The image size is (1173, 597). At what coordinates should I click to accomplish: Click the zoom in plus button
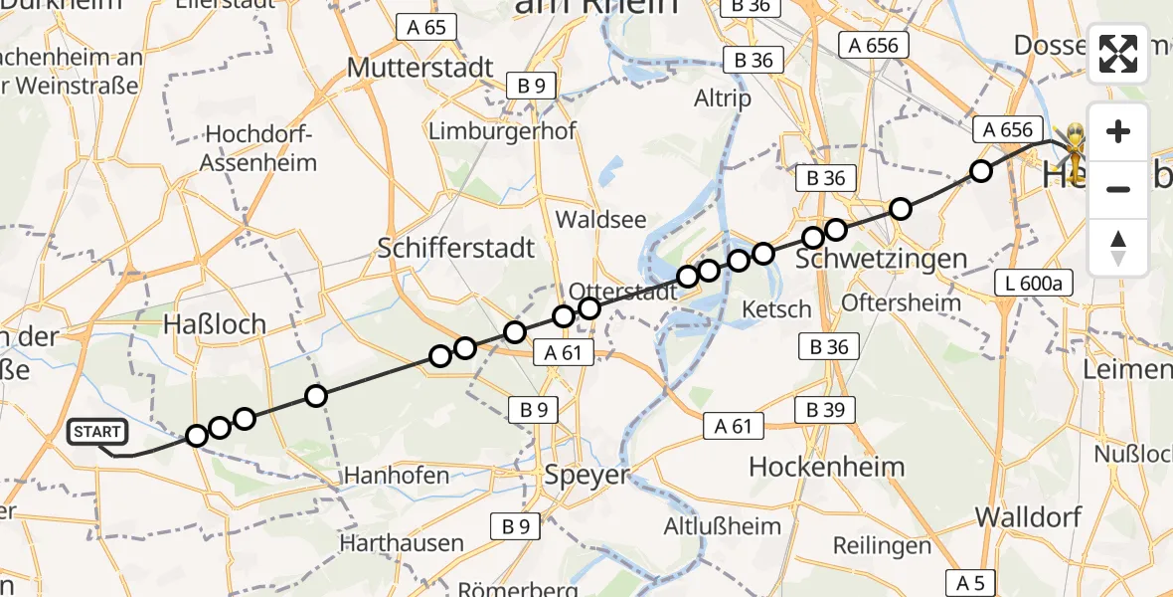pos(1118,131)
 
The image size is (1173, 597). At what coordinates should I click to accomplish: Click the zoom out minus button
pos(1118,189)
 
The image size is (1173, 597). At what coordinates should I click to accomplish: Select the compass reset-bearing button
pos(1118,248)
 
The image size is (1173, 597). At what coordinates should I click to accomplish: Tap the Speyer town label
pos(587,475)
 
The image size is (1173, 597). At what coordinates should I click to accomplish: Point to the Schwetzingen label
pos(883,259)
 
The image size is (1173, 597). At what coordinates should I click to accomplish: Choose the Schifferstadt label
pos(456,248)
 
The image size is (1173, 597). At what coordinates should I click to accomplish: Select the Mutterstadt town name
pos(419,68)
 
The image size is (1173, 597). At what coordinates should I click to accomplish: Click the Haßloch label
pos(215,323)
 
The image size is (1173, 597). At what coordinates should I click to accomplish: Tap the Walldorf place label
pos(1025,516)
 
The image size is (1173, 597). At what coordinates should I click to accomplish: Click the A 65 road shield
pos(426,27)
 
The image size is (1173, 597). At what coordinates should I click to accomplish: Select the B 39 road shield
pos(825,410)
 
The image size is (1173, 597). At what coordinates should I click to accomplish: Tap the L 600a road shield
pos(1034,284)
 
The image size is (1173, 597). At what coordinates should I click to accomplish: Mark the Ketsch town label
pos(777,309)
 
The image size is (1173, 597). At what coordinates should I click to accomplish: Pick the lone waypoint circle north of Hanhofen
pos(316,396)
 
